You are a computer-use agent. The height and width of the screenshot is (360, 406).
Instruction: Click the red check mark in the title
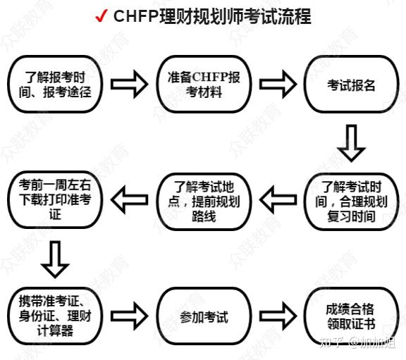(x=101, y=16)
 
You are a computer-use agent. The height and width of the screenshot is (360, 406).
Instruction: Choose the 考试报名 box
(x=351, y=85)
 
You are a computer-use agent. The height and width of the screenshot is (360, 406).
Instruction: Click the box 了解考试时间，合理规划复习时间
(x=351, y=200)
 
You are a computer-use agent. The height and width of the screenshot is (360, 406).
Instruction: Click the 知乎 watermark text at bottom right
(x=330, y=344)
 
